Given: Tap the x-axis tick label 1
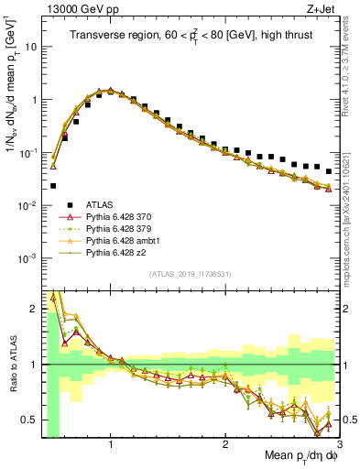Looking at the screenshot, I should coord(111,443).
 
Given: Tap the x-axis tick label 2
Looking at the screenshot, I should coord(225,443).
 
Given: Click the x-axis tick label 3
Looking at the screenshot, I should coord(338,443).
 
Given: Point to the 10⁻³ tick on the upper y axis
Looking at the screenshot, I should coord(27,258).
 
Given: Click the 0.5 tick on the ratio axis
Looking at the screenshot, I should coord(27,420).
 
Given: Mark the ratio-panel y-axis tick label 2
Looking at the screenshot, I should coord(32,310).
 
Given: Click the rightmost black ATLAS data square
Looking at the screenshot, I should coord(328,171).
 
